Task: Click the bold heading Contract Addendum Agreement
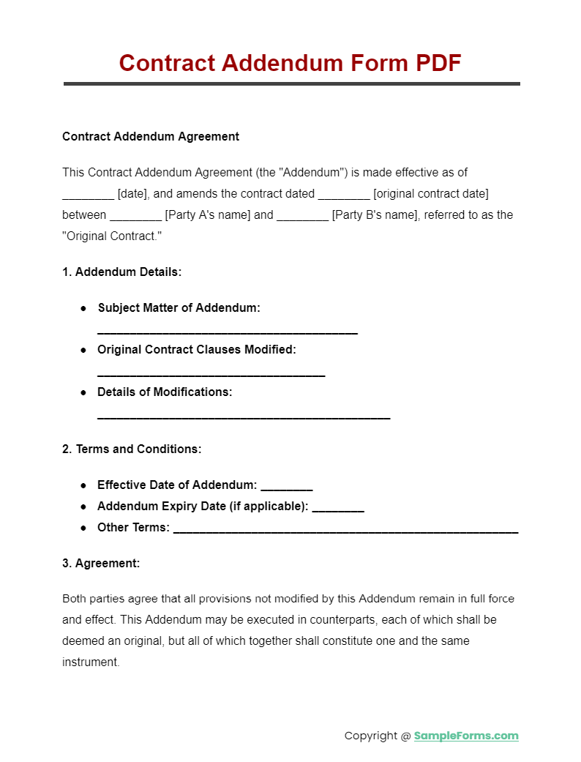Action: (151, 136)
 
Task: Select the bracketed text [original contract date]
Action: (431, 194)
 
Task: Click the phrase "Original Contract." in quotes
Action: (112, 236)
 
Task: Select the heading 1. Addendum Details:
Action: (121, 272)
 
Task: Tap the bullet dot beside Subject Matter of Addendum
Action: (84, 308)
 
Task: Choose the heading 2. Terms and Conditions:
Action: (132, 449)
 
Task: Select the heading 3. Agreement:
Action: (101, 563)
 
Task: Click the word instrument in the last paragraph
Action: (90, 662)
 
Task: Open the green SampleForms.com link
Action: (466, 736)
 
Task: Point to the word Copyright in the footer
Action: (371, 736)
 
